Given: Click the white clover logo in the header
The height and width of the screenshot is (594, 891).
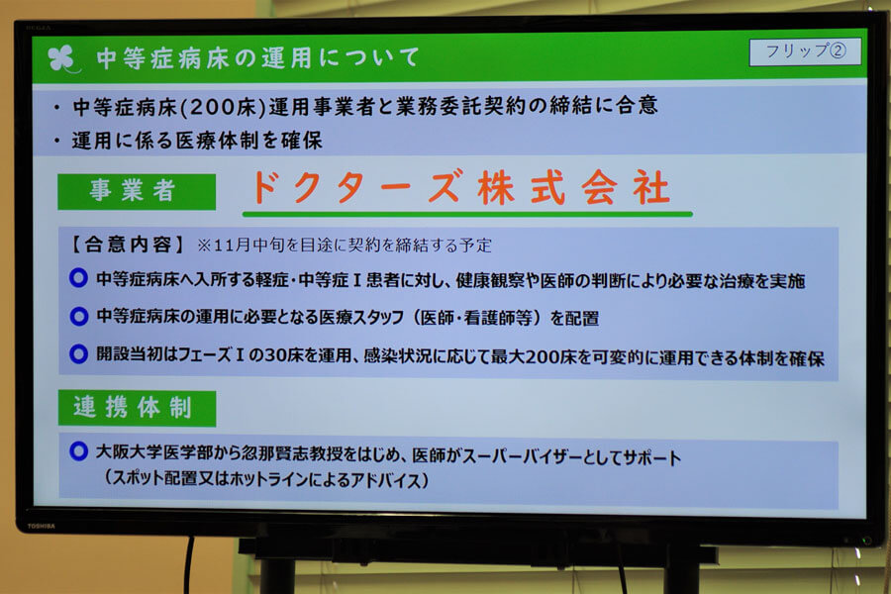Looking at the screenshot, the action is tap(62, 58).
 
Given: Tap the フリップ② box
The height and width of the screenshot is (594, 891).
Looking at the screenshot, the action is tap(805, 51).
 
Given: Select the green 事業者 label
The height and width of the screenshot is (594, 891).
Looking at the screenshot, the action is tap(137, 191).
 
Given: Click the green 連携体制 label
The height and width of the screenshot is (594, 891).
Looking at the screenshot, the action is tap(137, 408).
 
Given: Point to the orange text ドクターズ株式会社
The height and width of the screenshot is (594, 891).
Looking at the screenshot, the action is tap(460, 187).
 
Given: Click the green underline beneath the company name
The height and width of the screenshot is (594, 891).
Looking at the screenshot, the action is tap(467, 214).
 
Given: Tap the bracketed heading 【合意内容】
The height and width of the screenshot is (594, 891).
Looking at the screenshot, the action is tap(128, 245).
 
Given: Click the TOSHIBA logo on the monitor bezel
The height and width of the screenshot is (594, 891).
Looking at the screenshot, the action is tap(42, 527).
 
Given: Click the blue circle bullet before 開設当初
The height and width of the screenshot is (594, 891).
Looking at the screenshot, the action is tap(78, 354).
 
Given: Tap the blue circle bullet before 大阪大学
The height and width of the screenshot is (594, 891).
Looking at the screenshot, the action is tap(78, 451).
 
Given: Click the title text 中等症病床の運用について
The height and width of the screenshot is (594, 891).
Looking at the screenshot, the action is tap(258, 58).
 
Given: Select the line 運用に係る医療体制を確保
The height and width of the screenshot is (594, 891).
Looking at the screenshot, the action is tap(197, 141).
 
